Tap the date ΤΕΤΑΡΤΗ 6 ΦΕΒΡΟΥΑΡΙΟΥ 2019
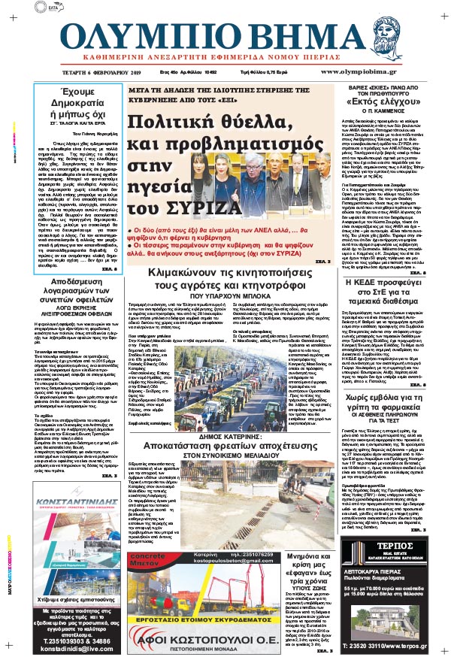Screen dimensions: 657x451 pyautogui.click(x=83, y=71)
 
